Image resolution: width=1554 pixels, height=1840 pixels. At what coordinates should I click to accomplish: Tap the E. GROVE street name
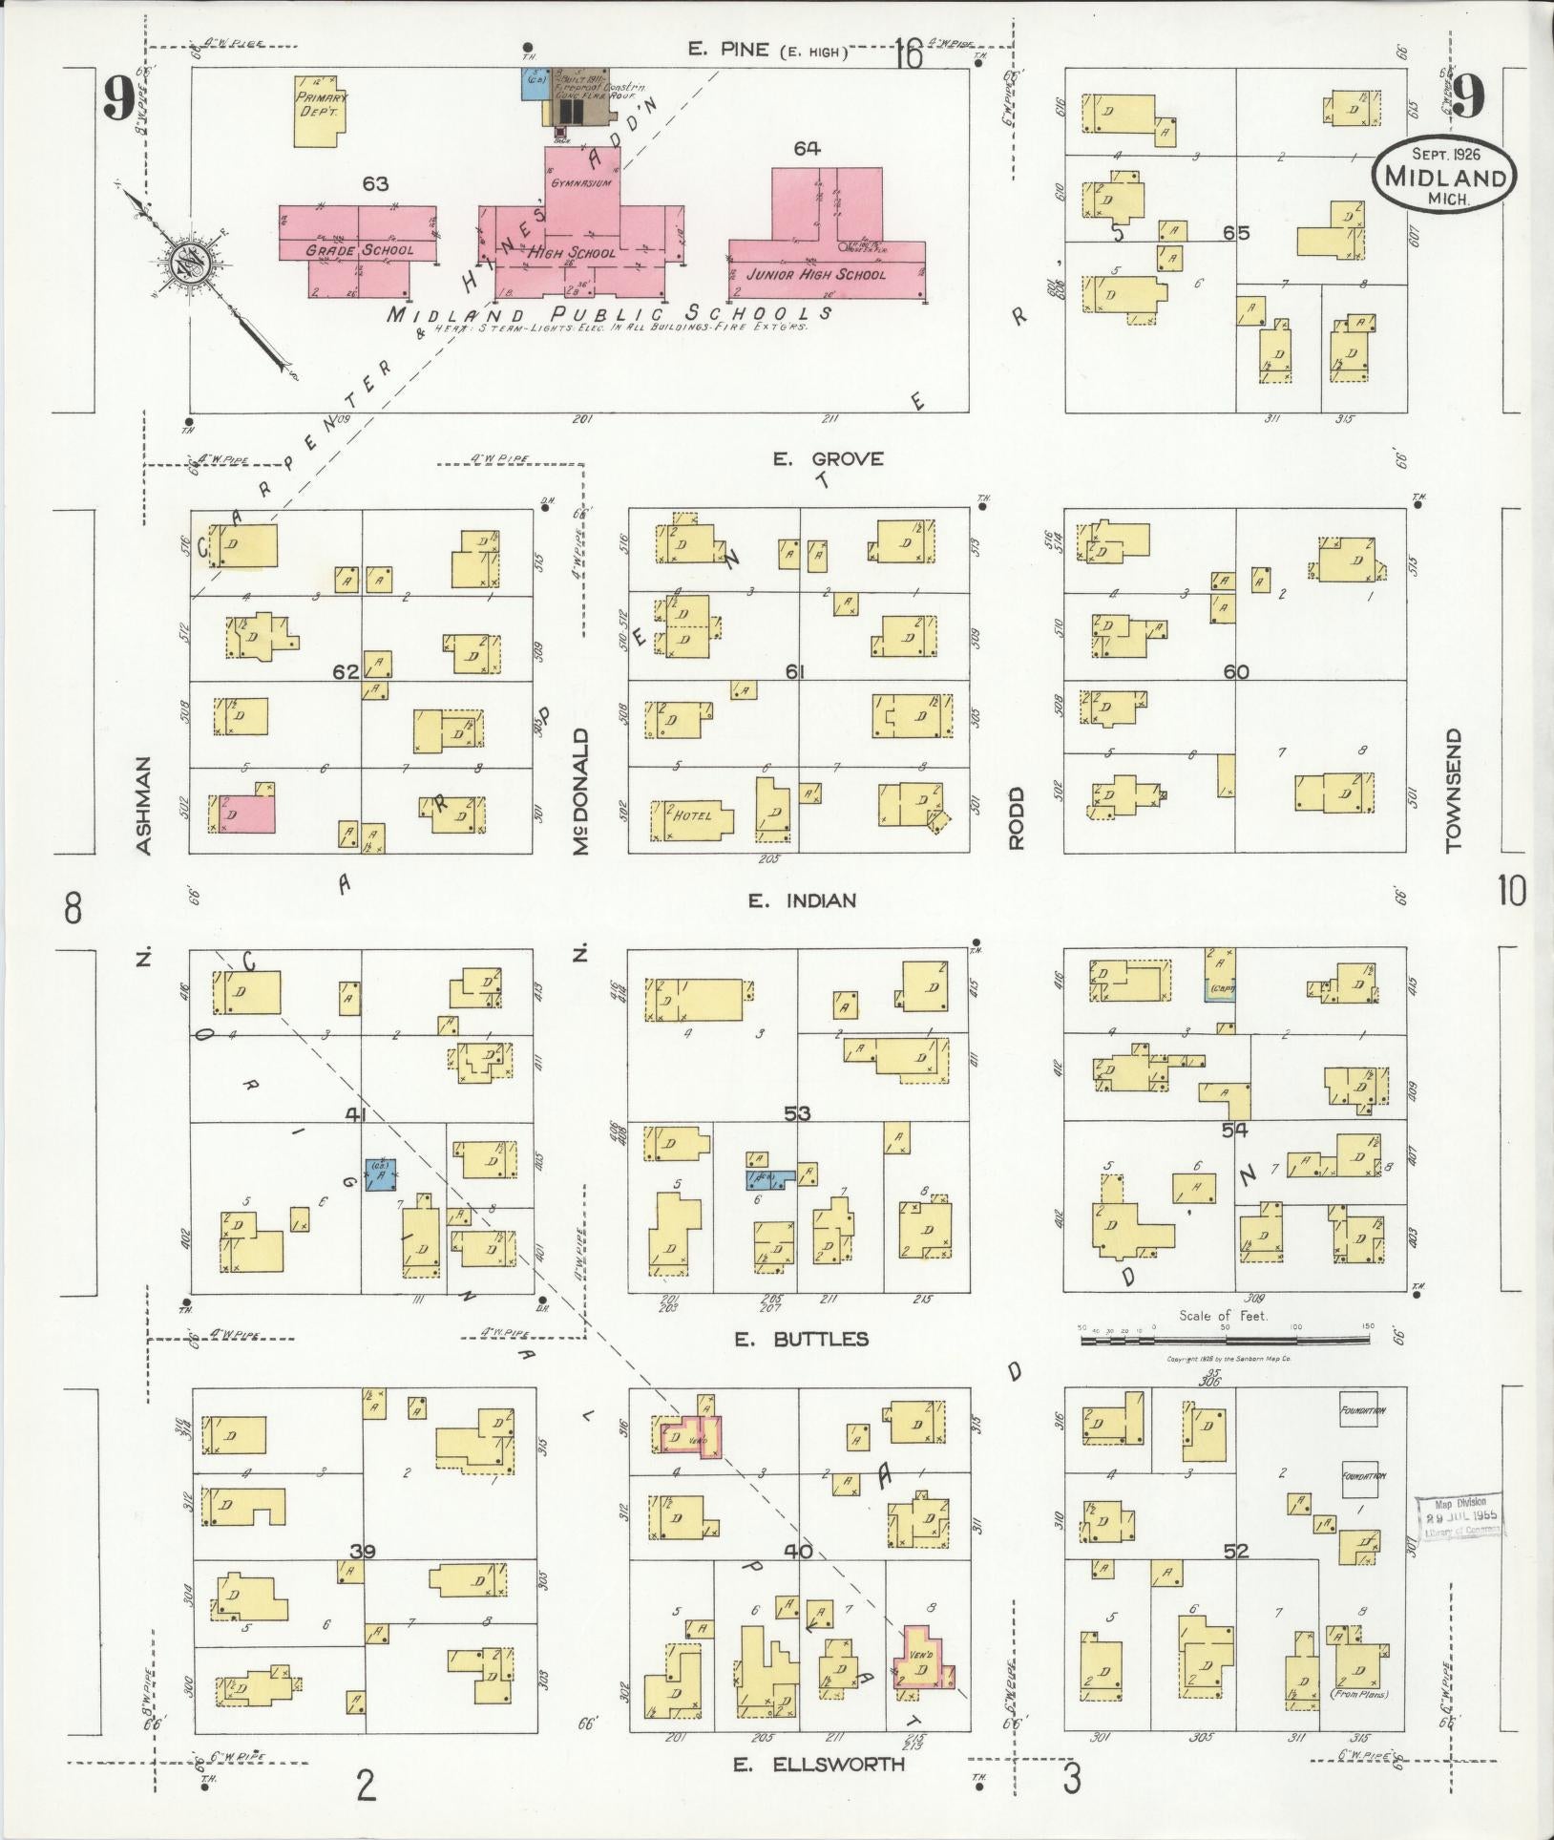[x=828, y=459]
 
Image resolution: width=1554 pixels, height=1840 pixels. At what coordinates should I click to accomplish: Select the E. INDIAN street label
[x=802, y=899]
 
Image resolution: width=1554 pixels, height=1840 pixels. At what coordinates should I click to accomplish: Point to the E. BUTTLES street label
[x=801, y=1339]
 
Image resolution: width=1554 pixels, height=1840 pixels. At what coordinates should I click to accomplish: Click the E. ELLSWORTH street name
[x=818, y=1765]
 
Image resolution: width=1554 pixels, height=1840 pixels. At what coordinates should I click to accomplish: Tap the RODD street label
[x=1016, y=818]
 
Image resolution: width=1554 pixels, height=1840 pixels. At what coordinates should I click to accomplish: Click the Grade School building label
[x=360, y=250]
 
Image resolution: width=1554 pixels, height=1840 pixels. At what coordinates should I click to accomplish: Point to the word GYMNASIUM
[x=581, y=181]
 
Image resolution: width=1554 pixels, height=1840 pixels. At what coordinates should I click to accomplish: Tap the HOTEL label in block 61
[x=693, y=815]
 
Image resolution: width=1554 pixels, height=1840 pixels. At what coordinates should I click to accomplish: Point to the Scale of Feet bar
[x=1225, y=1341]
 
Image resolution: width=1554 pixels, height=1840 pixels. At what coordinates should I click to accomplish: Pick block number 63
[x=375, y=183]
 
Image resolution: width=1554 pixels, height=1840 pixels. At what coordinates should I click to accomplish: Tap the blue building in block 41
[x=381, y=1174]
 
